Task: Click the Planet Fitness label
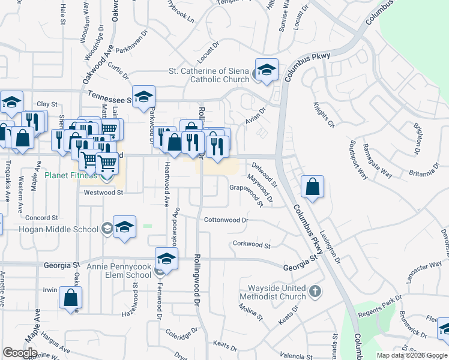click(x=70, y=175)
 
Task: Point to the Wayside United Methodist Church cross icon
click(x=315, y=292)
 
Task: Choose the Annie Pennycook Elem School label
click(x=119, y=270)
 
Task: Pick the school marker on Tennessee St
click(x=144, y=97)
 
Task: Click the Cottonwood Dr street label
click(x=226, y=220)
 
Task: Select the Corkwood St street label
click(x=252, y=244)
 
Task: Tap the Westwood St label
click(x=103, y=193)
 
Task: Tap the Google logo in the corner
click(x=20, y=352)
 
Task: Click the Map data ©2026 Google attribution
click(x=412, y=355)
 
